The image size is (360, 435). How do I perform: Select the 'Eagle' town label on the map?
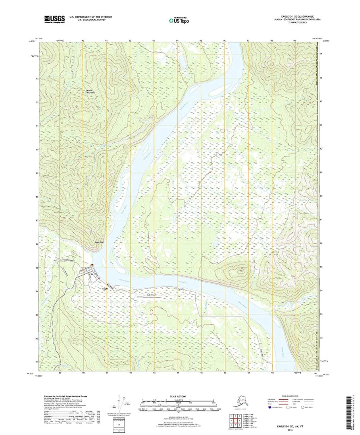tap(105, 288)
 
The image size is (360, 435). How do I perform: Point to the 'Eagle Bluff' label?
tap(99, 242)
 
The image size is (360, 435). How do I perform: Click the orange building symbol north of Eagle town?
tap(92, 265)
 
